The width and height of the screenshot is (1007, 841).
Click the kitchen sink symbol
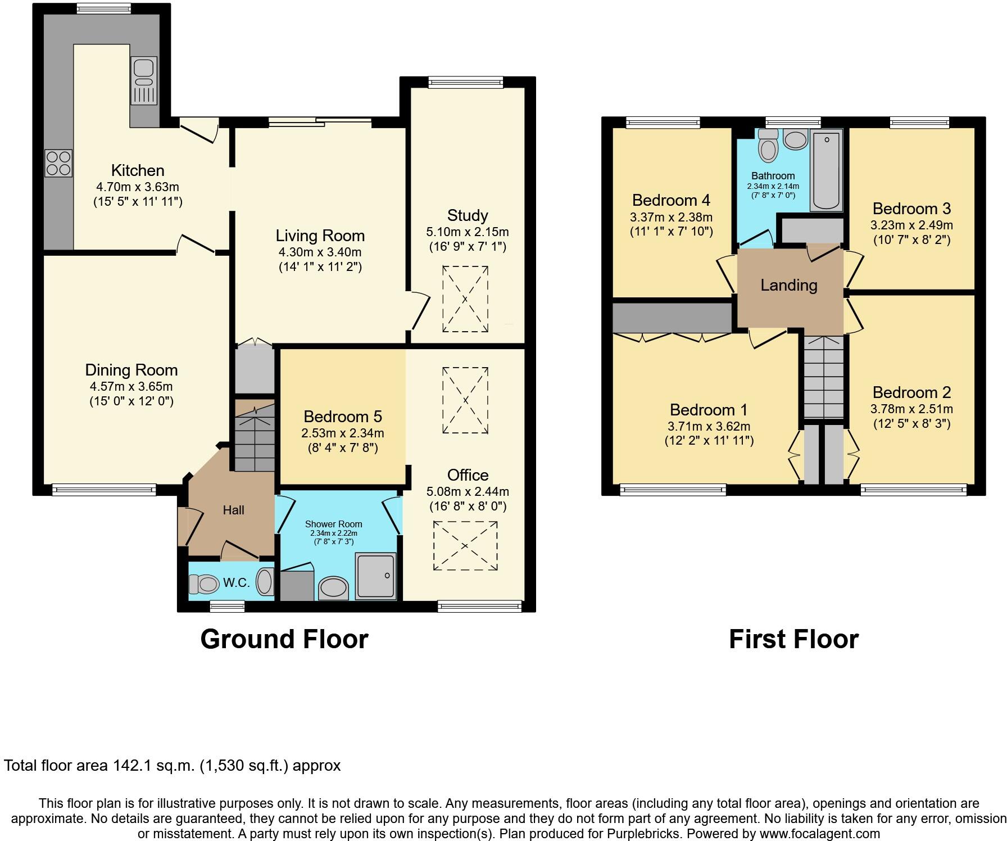[x=144, y=81]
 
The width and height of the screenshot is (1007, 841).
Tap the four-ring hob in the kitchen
[x=58, y=163]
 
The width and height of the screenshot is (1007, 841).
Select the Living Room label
[x=320, y=236]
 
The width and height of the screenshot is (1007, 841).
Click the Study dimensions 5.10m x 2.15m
[x=468, y=232]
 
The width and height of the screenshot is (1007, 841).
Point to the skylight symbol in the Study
[x=465, y=300]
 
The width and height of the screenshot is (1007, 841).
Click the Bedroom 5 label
[x=342, y=417]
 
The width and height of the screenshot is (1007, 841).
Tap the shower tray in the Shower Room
[x=375, y=576]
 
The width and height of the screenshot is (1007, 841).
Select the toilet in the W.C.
[x=204, y=585]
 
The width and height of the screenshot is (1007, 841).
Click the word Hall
[x=233, y=510]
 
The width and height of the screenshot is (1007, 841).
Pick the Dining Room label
[x=131, y=370]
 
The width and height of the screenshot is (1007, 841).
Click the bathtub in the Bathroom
[x=825, y=170]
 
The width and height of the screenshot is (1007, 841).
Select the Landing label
[x=788, y=285]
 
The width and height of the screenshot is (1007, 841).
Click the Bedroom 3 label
[x=911, y=209]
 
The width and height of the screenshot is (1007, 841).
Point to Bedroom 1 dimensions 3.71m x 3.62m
[x=709, y=426]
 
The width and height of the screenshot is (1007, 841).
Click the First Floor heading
[x=793, y=639]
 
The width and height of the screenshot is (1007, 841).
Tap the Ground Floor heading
[x=284, y=639]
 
